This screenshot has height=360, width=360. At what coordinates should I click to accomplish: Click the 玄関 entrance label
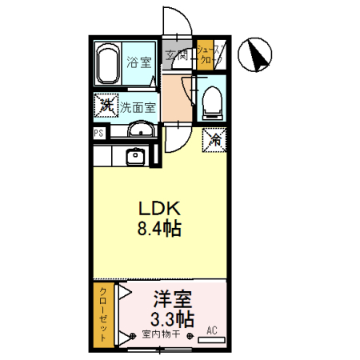click(178, 55)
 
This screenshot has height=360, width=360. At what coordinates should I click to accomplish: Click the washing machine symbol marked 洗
click(105, 104)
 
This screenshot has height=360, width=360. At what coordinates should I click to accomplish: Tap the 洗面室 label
click(138, 106)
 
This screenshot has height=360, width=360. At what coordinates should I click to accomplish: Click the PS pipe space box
click(98, 134)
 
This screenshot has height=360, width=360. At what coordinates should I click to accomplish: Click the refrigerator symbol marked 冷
click(214, 138)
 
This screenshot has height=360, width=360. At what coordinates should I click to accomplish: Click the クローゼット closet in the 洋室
click(101, 315)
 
